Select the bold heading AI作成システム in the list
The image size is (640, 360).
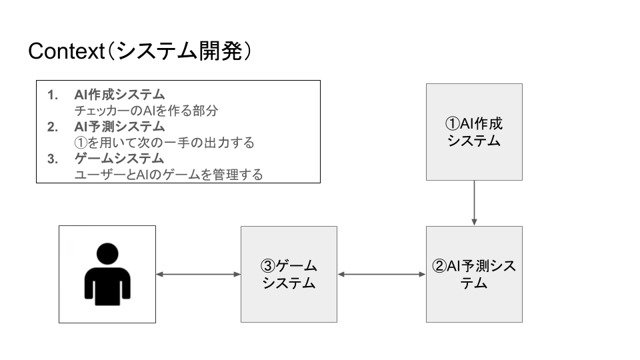[x=119, y=94]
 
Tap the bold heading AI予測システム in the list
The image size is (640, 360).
[x=119, y=127]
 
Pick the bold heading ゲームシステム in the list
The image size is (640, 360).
[x=119, y=159]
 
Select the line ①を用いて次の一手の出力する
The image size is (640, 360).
[x=164, y=143]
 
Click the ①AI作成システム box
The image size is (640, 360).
[x=474, y=132]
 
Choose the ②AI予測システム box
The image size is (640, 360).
[x=474, y=274]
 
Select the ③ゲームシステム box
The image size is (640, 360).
[x=289, y=274]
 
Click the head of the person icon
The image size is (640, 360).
[x=107, y=254]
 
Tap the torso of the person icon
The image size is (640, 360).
[x=107, y=287]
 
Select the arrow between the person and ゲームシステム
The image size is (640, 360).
[x=198, y=274]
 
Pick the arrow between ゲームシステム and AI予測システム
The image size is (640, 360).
[x=381, y=274]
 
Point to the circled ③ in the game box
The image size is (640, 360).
[x=267, y=267]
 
